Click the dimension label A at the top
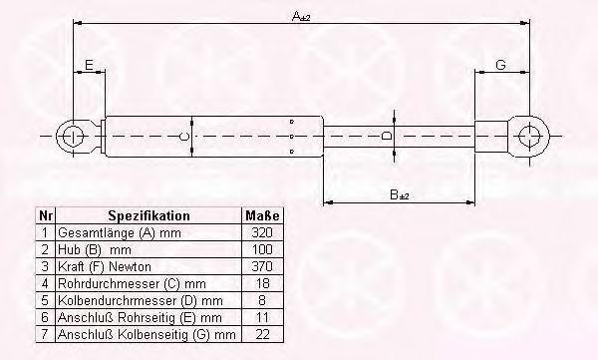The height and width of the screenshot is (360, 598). pyautogui.click(x=301, y=16)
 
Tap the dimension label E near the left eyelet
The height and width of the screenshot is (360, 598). pyautogui.click(x=89, y=65)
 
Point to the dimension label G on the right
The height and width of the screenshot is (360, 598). pyautogui.click(x=500, y=65)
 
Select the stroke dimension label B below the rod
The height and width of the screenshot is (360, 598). pyautogui.click(x=400, y=195)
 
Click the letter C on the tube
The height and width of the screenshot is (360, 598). pyautogui.click(x=183, y=137)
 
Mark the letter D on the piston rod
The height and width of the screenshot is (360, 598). pyautogui.click(x=387, y=136)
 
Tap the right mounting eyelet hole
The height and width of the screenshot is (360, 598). pyautogui.click(x=530, y=137)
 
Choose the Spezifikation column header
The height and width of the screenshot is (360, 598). pyautogui.click(x=149, y=215)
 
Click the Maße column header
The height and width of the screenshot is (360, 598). pyautogui.click(x=262, y=215)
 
